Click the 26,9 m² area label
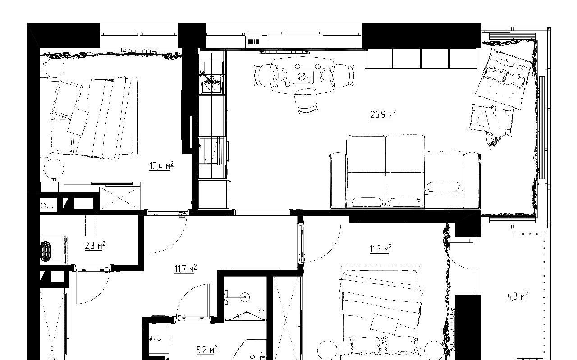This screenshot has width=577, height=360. click(383, 114)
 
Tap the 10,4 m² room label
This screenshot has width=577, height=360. click(161, 165)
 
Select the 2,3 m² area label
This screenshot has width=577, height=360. click(95, 246)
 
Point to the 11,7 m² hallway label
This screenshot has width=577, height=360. click(185, 269)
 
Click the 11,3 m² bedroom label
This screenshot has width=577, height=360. click(381, 249)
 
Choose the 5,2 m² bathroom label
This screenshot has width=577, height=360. click(207, 350)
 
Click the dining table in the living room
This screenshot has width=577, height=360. click(303, 76)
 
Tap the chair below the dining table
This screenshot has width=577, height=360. click(306, 100)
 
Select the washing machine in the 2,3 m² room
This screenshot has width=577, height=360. click(53, 250)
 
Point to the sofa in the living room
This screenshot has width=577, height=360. click(405, 172)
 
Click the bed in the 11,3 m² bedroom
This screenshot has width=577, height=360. click(381, 313)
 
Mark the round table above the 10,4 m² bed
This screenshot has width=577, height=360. click(54, 68)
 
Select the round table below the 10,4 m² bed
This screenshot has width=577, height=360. click(54, 169)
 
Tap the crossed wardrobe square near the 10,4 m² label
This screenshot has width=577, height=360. click(120, 198)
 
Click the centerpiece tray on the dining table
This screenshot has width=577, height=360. click(303, 77)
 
